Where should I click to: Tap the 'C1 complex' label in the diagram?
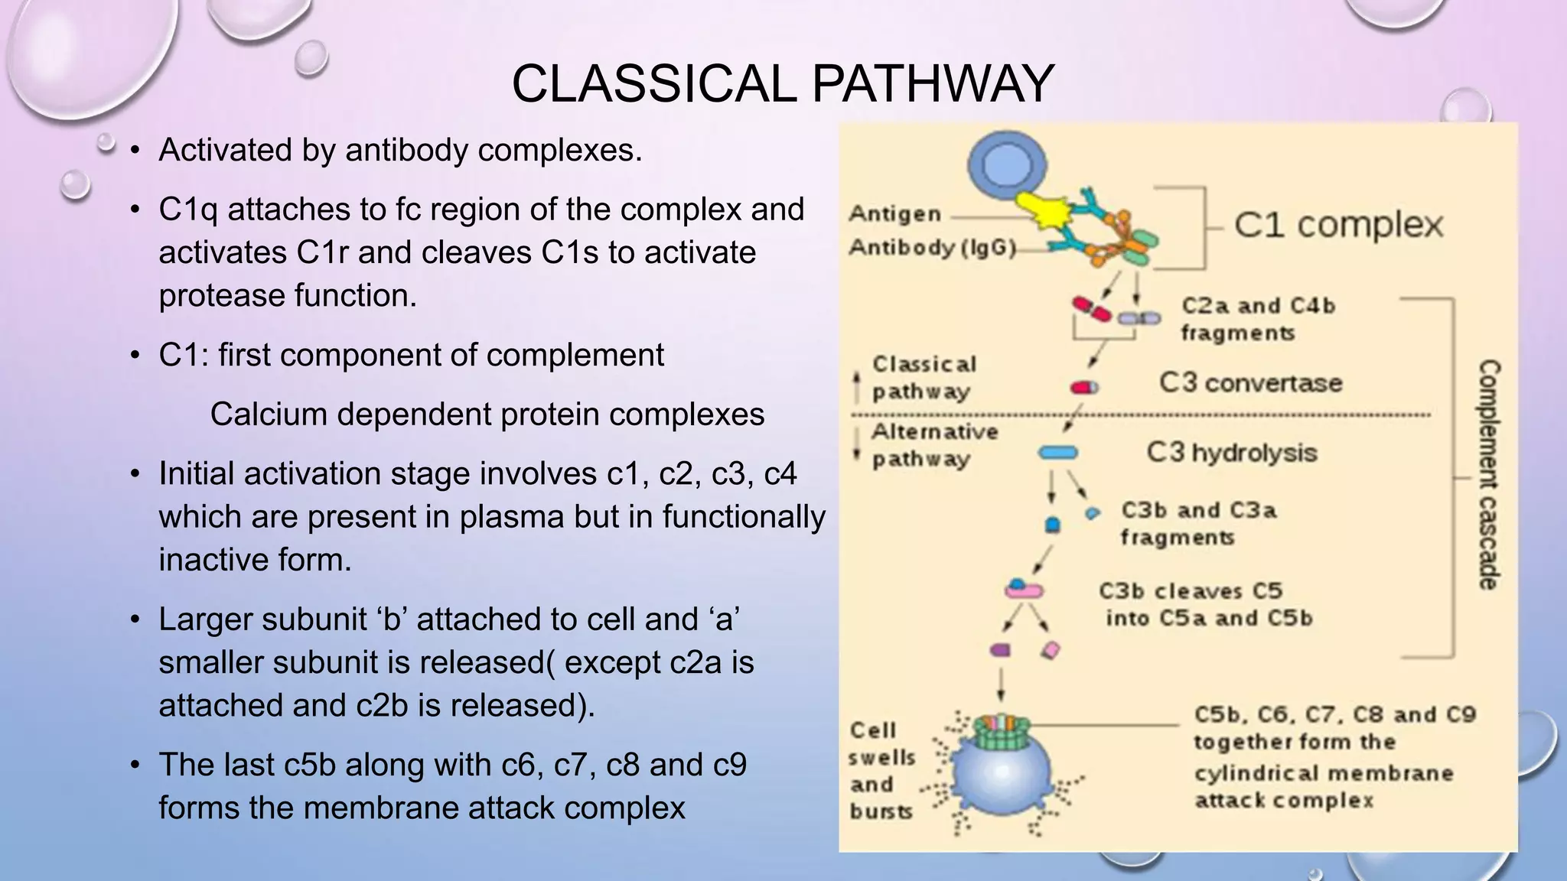coord(1338,225)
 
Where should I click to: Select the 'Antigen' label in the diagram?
coord(894,213)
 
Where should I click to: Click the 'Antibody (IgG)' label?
coord(932,248)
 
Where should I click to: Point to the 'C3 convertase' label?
coord(1250,382)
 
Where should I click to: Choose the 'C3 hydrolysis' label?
coord(1231,453)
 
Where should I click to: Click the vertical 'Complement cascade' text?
coord(1487,474)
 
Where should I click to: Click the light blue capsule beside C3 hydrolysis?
coord(1057,454)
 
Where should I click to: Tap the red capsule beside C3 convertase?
coord(1083,388)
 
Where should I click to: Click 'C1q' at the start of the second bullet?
coord(187,210)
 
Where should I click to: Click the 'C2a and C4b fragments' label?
coord(1257,319)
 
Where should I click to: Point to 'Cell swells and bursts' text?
coord(881,770)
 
